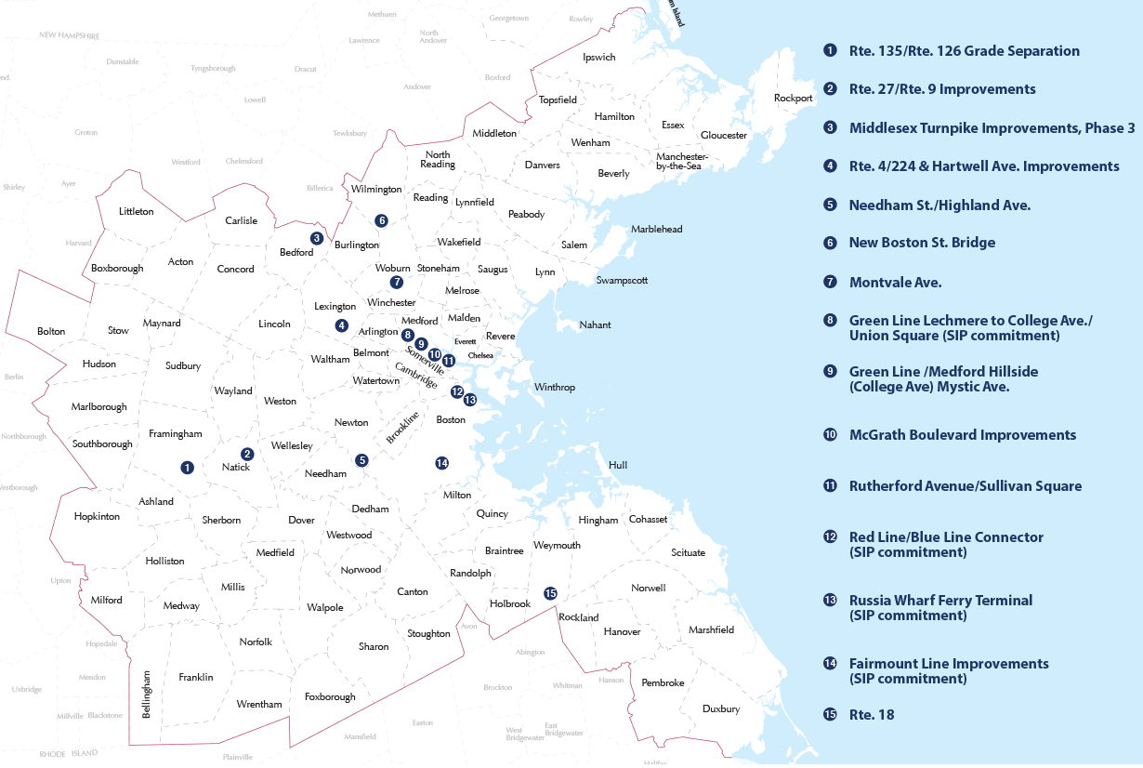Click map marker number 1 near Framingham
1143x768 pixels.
coord(188,467)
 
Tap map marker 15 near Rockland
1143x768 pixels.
coord(550,593)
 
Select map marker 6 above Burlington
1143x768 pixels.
coord(381,220)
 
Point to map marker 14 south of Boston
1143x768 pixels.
coord(441,463)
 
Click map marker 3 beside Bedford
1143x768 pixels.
coord(317,238)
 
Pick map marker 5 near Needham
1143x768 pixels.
coord(361,460)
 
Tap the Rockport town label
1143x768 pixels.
coord(793,99)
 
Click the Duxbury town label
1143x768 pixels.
coord(720,709)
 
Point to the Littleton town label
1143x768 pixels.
coord(137,211)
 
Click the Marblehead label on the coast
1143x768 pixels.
coord(656,230)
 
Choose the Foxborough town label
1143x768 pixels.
coord(330,697)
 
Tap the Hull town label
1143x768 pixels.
coord(618,465)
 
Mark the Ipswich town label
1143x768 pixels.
coord(598,58)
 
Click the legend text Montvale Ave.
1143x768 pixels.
coord(895,282)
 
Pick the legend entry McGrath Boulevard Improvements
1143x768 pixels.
coord(963,435)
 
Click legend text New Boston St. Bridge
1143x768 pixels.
coord(922,243)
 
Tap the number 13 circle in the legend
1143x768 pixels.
coord(830,601)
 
